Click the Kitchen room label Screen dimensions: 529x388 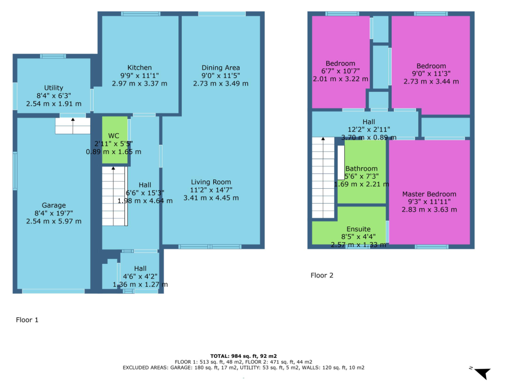pos(140,67)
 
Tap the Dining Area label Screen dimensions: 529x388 pos(221,67)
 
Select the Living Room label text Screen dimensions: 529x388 pos(211,182)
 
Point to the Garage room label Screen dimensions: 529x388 pos(53,205)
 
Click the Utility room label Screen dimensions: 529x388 pos(53,88)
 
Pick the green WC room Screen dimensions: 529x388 pos(114,140)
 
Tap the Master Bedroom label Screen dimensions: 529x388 pos(429,194)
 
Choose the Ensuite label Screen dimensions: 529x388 pos(358,229)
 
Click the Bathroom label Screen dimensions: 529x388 pos(361,169)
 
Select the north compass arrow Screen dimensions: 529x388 pos(483,373)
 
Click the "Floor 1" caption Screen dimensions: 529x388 pos(27,320)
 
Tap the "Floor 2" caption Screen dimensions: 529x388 pos(322,275)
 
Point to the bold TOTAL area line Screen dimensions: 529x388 pos(243,356)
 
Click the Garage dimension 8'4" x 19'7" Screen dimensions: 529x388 pos(53,213)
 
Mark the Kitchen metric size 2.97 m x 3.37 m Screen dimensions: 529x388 pos(140,84)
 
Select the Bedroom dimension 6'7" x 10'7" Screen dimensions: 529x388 pos(341,71)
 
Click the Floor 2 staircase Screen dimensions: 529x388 pos(323,177)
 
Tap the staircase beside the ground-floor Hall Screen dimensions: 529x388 pos(114,196)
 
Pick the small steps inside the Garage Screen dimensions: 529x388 pos(73,126)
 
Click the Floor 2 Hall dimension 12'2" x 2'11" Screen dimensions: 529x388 pos(369,129)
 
